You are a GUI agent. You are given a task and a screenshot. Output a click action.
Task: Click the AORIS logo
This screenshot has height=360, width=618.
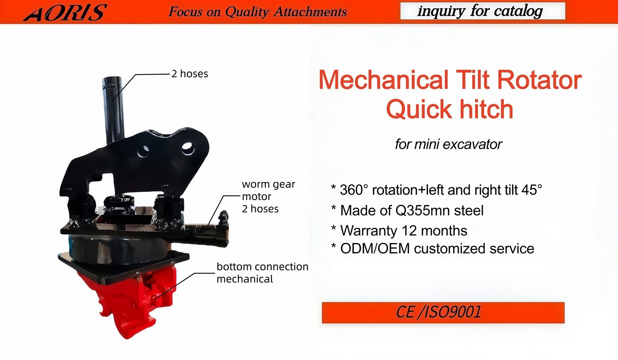(65, 12)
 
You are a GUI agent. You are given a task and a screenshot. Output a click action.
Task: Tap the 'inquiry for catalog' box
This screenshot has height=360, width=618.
(482, 11)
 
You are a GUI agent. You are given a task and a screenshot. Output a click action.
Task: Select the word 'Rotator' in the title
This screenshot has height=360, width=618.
(539, 80)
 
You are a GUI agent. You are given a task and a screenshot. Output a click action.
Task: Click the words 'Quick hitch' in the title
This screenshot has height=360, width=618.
(450, 109)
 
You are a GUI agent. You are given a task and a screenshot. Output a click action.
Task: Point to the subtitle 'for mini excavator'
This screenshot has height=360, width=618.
(448, 144)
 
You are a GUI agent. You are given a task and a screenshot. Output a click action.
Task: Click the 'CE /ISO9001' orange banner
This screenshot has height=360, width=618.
(443, 312)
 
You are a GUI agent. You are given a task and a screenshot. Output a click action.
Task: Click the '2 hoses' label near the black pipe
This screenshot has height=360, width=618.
(190, 74)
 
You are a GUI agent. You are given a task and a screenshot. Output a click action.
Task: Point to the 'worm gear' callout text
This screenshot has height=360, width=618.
(268, 184)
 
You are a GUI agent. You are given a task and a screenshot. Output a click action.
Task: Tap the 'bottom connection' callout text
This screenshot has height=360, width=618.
(262, 267)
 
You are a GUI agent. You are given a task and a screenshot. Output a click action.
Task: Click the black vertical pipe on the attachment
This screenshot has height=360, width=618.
(113, 108)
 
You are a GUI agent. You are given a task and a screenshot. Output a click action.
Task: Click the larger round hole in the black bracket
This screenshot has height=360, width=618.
(187, 148)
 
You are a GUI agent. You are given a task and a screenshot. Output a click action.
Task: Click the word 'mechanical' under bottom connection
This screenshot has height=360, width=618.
(244, 279)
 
